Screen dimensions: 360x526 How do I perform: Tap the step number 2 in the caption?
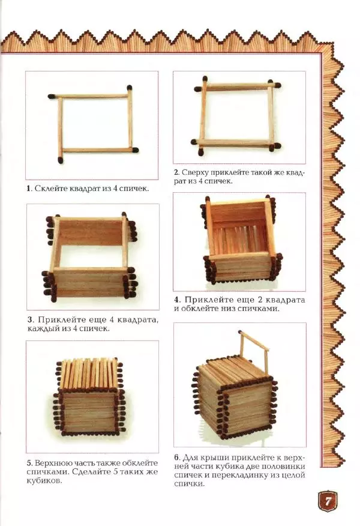coord(176,173)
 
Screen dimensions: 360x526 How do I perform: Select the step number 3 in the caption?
coord(30,319)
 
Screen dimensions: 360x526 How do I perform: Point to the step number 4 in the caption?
coord(176,300)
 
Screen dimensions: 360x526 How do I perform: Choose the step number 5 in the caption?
coord(29,464)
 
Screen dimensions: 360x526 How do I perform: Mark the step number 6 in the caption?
coord(176,458)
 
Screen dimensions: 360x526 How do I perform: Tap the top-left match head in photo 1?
coord(51,97)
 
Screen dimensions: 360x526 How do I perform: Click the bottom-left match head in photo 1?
coord(61,160)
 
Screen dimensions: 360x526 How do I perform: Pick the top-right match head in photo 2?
coord(278,85)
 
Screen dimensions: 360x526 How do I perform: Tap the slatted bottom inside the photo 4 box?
coord(240,235)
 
